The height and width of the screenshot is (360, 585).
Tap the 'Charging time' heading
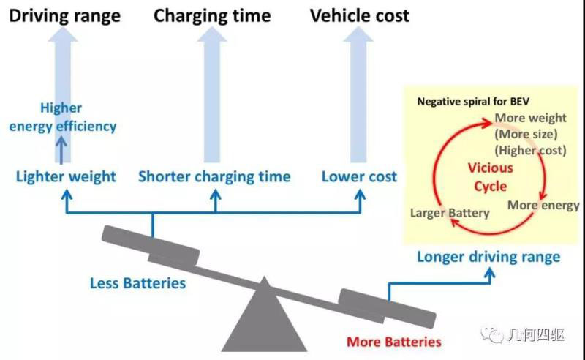coord(212,15)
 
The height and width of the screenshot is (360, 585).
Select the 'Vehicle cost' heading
coord(360,15)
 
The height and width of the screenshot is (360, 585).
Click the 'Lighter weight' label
coord(66,176)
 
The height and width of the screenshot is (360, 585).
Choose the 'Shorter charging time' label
coord(214,176)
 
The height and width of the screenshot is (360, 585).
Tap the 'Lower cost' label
coord(359,176)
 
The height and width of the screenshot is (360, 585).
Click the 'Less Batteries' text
coord(137,282)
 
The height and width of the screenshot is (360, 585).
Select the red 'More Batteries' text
coord(394,342)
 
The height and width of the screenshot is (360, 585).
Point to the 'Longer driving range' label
coord(488,257)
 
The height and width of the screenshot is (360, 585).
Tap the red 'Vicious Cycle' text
coord(491,177)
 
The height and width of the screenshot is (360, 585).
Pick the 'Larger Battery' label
coord(450,213)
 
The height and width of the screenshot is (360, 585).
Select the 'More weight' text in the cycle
coord(530,118)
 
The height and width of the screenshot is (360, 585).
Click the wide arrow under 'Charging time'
coord(212,95)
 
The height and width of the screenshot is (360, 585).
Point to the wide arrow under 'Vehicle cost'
coord(359,95)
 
